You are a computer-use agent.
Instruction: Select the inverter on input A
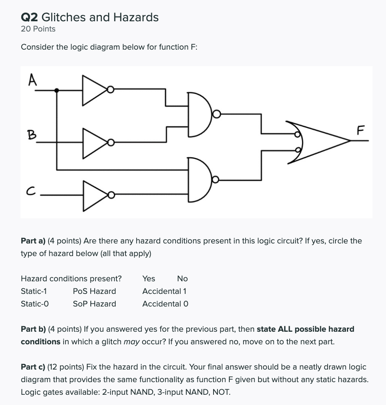pos(94,90)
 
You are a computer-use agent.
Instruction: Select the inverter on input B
pos(94,142)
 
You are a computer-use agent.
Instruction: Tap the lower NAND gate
pos(201,180)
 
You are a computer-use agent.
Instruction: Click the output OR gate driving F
pos(318,142)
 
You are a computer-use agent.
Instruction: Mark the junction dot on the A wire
pos(57,90)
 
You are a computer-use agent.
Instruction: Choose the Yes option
pos(149,279)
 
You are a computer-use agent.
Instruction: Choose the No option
pos(182,279)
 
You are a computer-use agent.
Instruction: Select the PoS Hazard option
pos(94,291)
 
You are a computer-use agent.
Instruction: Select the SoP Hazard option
pos(94,304)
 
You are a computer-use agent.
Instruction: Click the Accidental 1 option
pos(165,291)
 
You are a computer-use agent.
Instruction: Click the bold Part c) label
pos(33,367)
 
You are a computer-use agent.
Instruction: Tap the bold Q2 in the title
pos(30,17)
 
